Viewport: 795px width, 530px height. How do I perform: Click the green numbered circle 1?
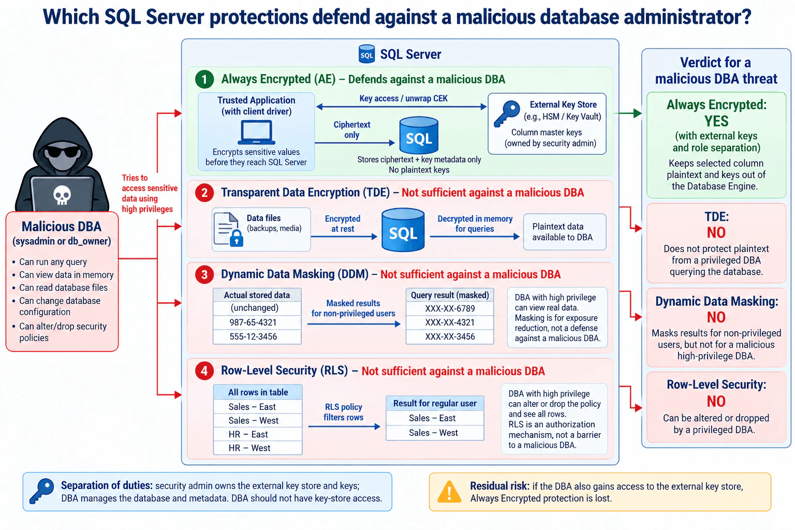click(x=204, y=79)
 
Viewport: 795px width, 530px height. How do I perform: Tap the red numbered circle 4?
click(x=204, y=371)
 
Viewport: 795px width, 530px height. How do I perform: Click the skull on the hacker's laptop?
click(x=62, y=195)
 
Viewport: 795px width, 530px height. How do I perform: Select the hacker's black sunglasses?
click(x=63, y=152)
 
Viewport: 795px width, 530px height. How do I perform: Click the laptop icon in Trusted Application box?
click(x=256, y=132)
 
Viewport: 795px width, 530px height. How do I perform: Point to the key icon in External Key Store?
click(x=507, y=113)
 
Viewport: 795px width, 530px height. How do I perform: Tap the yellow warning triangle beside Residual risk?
click(x=449, y=492)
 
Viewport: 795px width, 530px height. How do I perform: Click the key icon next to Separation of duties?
click(x=41, y=491)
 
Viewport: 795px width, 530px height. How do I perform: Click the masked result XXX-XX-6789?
click(x=450, y=308)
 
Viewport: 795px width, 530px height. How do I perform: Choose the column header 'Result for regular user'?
click(x=435, y=404)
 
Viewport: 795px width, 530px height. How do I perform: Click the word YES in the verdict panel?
click(x=716, y=122)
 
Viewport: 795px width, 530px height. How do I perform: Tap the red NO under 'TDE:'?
click(x=716, y=233)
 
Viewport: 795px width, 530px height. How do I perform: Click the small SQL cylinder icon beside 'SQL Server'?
click(x=366, y=54)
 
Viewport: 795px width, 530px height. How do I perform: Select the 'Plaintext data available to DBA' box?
click(x=564, y=232)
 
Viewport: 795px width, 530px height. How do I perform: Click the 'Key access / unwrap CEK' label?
click(x=403, y=98)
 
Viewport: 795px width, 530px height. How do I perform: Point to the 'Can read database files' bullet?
click(x=63, y=288)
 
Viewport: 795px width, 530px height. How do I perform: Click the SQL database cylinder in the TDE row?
click(x=403, y=230)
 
